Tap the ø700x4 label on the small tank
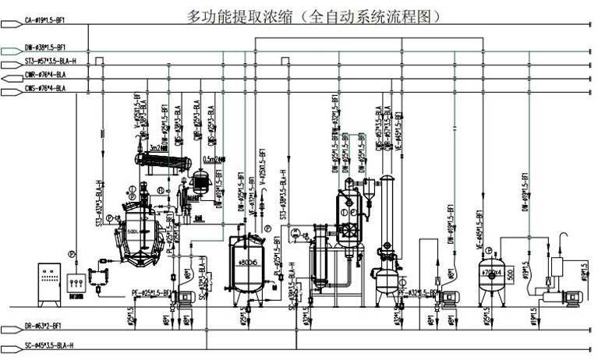click(493, 273)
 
